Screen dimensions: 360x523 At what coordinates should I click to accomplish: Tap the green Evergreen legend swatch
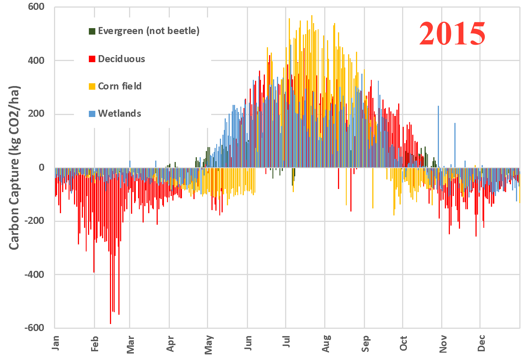tap(92, 31)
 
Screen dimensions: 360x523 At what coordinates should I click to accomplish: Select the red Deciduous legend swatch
tap(92, 59)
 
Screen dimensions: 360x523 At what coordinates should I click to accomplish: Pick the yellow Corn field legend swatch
tap(92, 86)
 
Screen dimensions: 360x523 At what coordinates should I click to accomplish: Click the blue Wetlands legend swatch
tap(92, 114)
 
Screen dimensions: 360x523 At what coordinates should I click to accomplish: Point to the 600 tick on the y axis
tap(36, 7)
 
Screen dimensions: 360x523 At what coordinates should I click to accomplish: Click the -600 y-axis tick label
tap(34, 328)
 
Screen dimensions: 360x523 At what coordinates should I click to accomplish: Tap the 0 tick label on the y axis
tap(42, 168)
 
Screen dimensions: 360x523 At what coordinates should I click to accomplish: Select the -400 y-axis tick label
tap(34, 274)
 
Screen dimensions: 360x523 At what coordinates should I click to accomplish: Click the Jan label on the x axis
tap(56, 343)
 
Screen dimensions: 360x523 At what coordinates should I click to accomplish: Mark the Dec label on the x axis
tap(481, 343)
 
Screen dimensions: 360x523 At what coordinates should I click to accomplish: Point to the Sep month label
tap(365, 343)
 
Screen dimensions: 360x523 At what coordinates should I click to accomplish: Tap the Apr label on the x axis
tap(170, 343)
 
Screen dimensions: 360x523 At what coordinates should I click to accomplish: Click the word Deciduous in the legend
tap(121, 59)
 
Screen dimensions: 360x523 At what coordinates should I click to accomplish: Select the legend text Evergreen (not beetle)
tap(148, 31)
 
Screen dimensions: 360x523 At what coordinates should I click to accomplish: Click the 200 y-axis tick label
tap(36, 114)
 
